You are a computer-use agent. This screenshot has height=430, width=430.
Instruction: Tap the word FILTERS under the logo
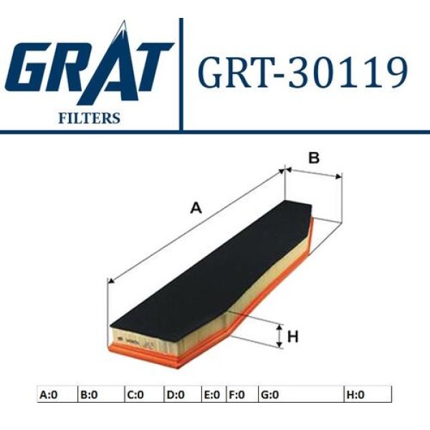coord(88,118)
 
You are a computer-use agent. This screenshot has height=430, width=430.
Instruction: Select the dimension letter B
coord(313,158)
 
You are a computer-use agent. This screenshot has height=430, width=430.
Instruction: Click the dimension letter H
coord(292,335)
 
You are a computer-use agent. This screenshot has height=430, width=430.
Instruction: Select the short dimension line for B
coord(313,173)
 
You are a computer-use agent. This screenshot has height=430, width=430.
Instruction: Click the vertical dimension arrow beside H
coord(279,335)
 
